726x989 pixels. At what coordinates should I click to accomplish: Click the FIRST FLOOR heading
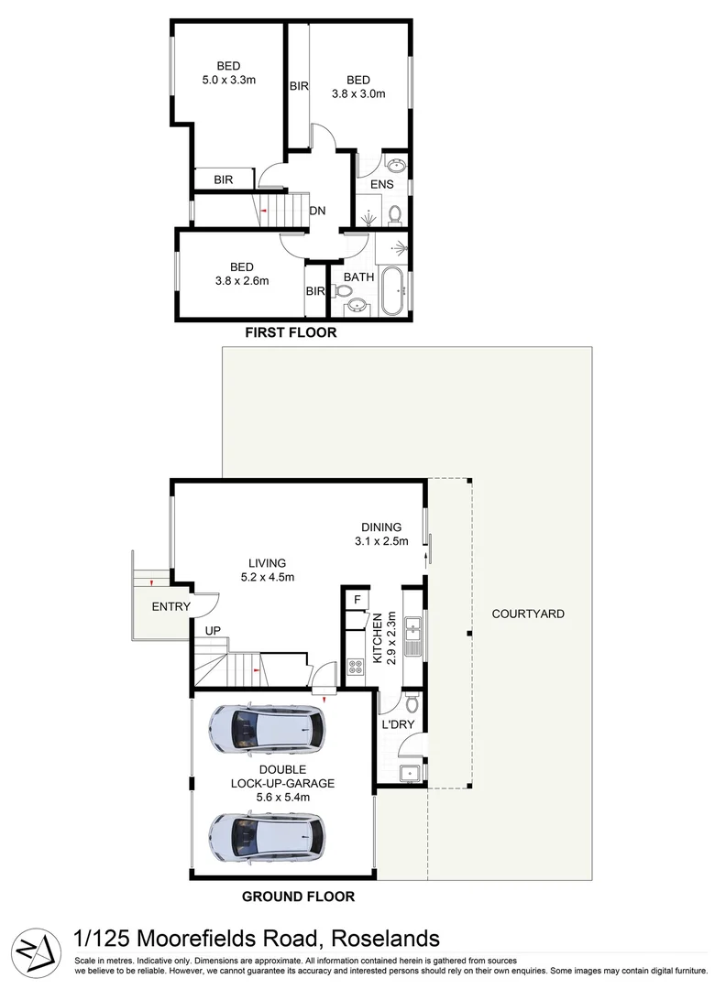tap(290, 333)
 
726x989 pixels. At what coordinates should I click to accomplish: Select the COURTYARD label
tap(527, 614)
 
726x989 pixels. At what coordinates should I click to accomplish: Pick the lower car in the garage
tap(266, 834)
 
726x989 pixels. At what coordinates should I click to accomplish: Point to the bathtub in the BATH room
tap(393, 291)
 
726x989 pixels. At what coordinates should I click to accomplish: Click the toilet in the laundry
tap(411, 702)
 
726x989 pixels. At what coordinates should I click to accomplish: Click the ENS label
tap(381, 185)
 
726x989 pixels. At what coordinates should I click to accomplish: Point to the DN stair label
tap(318, 211)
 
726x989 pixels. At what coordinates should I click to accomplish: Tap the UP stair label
tap(212, 632)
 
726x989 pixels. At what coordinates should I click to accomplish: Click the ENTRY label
tap(170, 606)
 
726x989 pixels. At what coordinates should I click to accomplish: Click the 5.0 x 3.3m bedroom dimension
tap(228, 80)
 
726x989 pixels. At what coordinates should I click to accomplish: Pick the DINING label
tap(381, 527)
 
